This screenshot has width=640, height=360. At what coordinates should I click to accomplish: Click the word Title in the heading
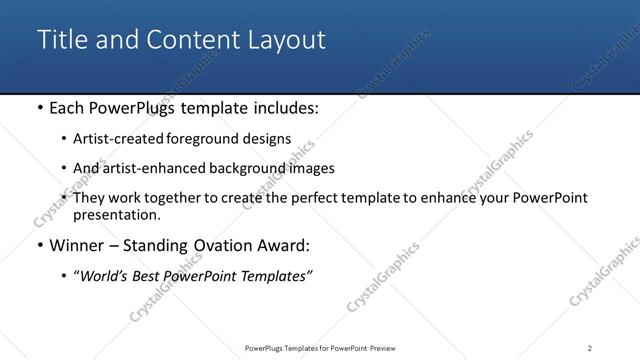[62, 40]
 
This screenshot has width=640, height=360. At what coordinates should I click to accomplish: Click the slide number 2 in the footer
[590, 348]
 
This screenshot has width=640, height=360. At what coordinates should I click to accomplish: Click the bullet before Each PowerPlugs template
[38, 108]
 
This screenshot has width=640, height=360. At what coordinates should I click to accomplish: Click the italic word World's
[105, 276]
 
